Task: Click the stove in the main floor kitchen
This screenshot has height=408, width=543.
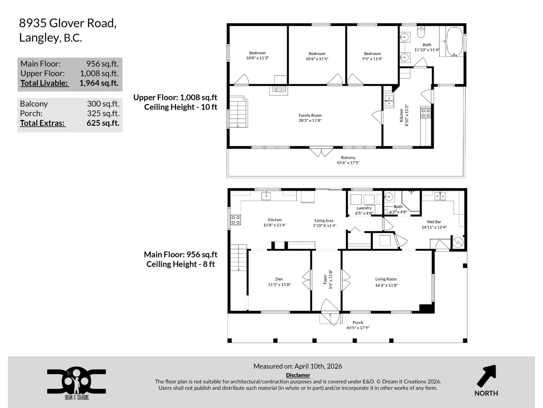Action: click(x=236, y=220)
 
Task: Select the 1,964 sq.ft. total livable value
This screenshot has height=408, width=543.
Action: click(x=99, y=83)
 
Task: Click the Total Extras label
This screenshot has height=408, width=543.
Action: click(x=42, y=123)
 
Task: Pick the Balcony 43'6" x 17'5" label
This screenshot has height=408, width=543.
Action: click(x=348, y=160)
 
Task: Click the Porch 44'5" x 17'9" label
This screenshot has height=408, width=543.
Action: click(x=358, y=325)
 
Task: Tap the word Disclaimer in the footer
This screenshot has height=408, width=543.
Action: click(x=298, y=375)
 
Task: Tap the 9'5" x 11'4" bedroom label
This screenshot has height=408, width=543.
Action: click(x=372, y=56)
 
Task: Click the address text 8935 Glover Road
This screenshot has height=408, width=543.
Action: click(x=68, y=23)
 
